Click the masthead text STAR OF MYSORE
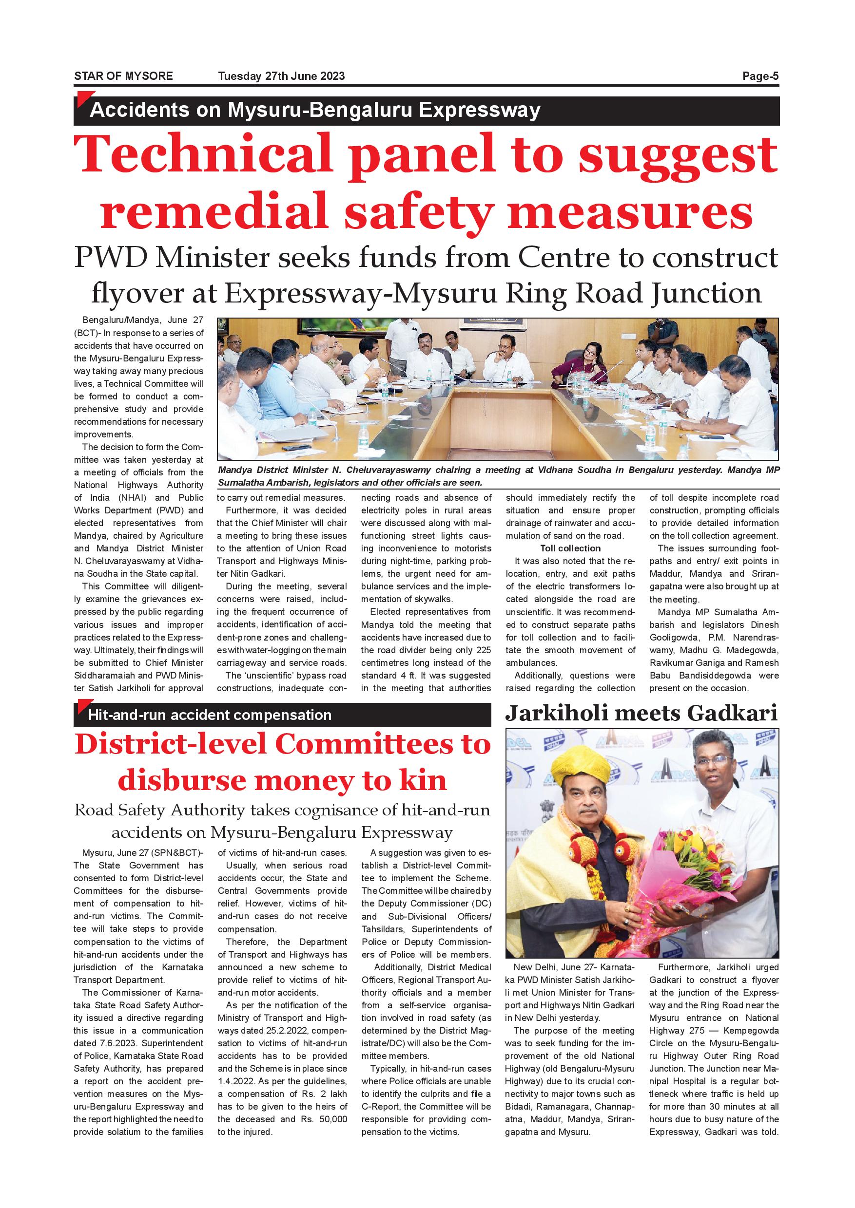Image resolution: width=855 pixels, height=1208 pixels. click(123, 76)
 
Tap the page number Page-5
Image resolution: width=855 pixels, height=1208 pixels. click(760, 76)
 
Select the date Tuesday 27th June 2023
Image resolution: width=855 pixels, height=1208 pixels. click(281, 76)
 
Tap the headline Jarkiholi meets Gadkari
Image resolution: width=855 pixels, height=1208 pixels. click(641, 714)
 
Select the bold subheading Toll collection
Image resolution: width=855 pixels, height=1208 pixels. click(570, 548)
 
